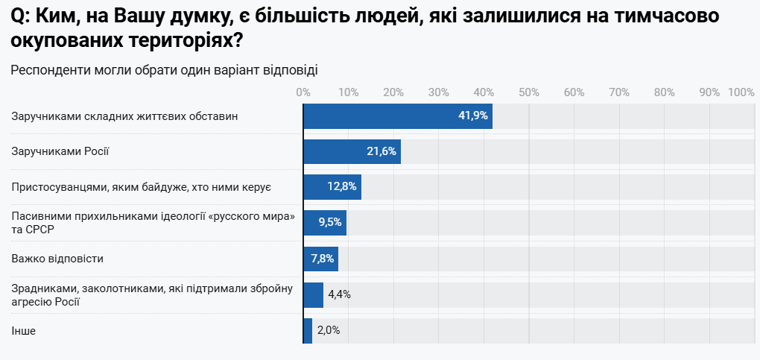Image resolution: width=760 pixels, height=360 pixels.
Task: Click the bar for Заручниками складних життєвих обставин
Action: coord(397,116)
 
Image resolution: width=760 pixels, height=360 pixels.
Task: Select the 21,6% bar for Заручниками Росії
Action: coord(352,151)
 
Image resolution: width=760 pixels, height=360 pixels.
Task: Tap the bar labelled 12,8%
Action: coord(332,187)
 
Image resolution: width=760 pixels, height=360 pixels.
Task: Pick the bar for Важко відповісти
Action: coord(320,259)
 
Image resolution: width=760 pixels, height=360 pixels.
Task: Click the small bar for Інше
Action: coord(308,330)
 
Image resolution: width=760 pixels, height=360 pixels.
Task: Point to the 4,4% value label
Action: coord(339,294)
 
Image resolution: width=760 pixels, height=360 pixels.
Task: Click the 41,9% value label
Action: coord(472,116)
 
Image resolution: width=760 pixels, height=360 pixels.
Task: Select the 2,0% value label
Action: coord(329,330)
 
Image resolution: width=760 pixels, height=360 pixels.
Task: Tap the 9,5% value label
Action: coord(329,223)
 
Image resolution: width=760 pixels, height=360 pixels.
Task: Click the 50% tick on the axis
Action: coord(528,92)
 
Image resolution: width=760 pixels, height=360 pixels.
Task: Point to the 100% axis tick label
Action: coord(741,92)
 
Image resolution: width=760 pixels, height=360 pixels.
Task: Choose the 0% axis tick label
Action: coord(303,92)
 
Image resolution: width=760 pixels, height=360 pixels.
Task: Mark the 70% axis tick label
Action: coord(618,92)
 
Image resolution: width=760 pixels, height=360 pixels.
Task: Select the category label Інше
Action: coord(23,330)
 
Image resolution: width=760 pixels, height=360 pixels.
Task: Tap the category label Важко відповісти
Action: coord(57,259)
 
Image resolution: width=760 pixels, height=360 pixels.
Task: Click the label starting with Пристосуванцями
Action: coord(141,187)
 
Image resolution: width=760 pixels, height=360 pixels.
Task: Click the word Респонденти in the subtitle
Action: coord(49,71)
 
